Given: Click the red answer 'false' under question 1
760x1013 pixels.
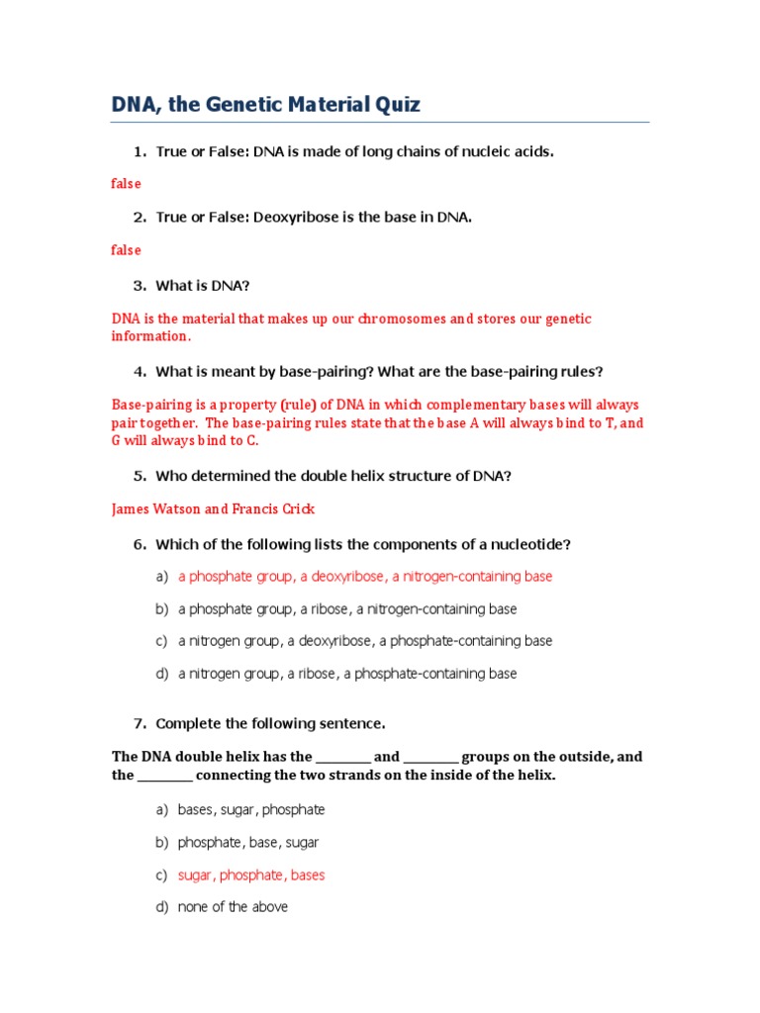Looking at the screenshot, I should tap(126, 184).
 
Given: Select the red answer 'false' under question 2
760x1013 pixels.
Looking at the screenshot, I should tap(126, 250).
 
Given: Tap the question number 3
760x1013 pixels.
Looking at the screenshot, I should tap(140, 286).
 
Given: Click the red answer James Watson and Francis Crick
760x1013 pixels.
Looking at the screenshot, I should tap(213, 509).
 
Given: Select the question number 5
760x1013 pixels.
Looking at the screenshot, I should tap(140, 476).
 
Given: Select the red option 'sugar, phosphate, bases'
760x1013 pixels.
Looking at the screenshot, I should tap(251, 875).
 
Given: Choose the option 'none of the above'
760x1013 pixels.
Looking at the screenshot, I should tap(233, 907).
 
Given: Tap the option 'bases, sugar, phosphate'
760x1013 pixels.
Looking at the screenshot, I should tap(251, 810).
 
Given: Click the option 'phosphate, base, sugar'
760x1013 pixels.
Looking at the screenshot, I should tap(248, 843).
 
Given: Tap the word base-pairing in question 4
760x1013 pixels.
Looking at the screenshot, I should tap(324, 372).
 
